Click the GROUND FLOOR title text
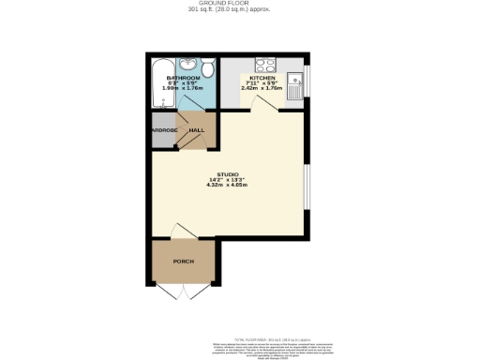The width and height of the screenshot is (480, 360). pos(240,5)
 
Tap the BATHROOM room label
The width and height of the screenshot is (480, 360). pos(182,77)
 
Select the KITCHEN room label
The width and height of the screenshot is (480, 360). pos(262,77)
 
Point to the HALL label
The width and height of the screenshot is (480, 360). pos(197,130)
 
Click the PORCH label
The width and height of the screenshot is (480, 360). pos(183,261)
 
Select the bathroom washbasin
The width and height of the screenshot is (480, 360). pos(187,65)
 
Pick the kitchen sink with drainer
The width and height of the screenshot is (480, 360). pos(294,85)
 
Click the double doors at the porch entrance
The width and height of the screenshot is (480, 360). pos(184,291)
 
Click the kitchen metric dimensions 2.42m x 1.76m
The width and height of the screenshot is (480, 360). pos(262,89)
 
